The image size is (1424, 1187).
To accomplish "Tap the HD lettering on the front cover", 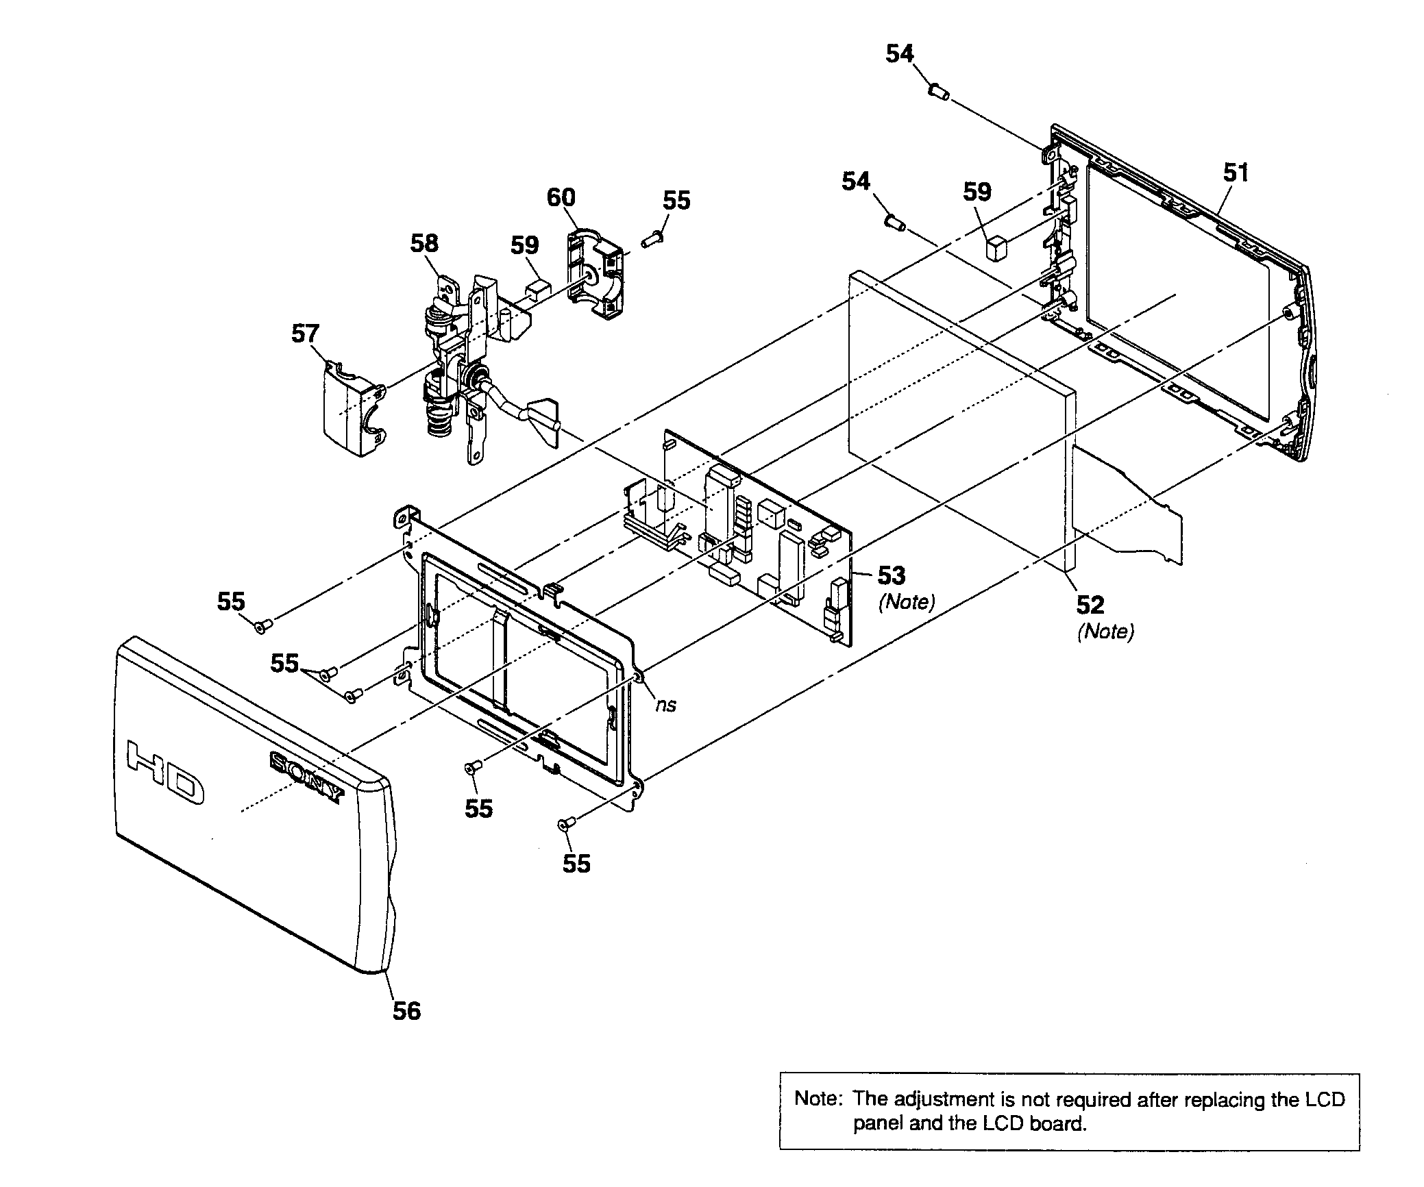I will [166, 771].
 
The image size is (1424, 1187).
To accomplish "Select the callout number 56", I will [406, 1011].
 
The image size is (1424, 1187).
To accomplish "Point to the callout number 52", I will [1090, 605].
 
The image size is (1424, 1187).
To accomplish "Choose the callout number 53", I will [892, 575].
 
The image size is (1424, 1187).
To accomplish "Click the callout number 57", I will [305, 334].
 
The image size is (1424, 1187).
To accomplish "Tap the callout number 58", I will [424, 242].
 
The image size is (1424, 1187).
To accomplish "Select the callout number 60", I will [561, 197].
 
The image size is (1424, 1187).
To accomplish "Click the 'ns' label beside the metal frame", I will [665, 705].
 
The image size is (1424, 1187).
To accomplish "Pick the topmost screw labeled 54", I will [939, 91].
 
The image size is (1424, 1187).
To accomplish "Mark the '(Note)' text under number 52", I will [1105, 632].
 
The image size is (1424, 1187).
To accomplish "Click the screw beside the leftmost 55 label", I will [263, 625].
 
